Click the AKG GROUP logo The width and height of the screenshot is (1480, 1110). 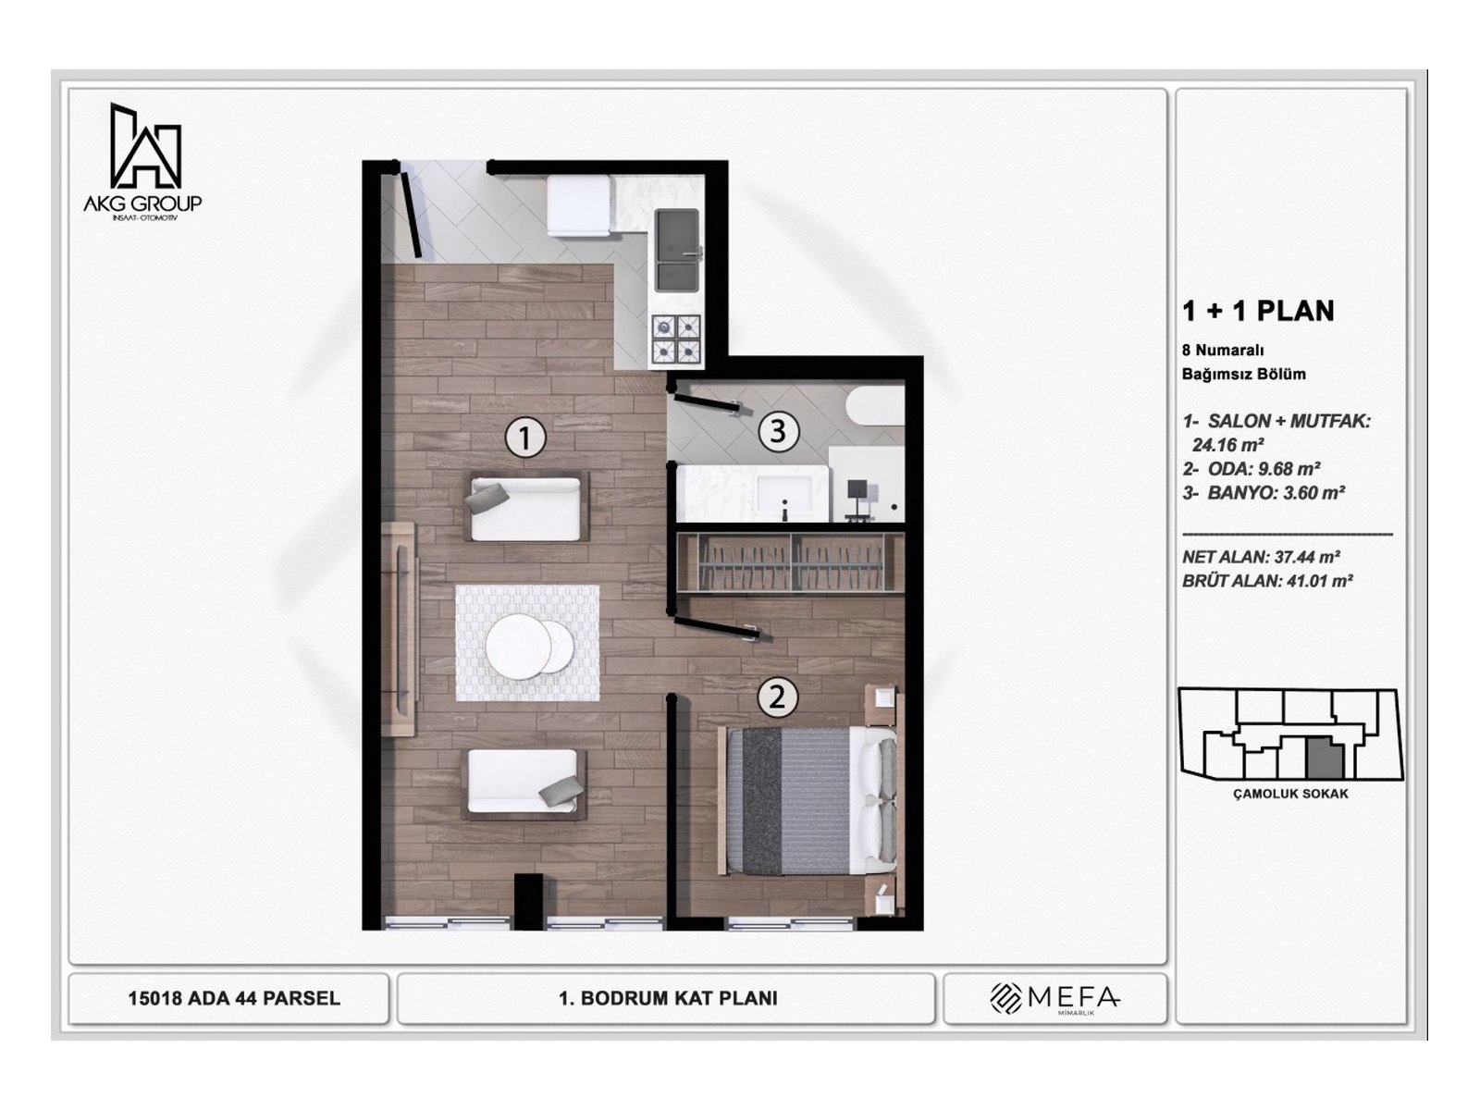tap(143, 160)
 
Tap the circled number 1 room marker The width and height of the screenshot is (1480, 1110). tap(524, 437)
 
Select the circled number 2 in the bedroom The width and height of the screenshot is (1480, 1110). tap(777, 696)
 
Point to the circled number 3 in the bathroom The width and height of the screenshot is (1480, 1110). tap(778, 430)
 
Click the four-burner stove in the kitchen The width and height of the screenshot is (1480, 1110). tap(677, 339)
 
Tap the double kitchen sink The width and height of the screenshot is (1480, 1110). tap(678, 249)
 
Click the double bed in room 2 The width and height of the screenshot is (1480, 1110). tap(810, 800)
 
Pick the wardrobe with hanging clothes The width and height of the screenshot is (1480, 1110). tap(789, 561)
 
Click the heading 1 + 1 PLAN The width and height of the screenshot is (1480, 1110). tap(1258, 311)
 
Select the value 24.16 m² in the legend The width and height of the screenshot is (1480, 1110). tap(1228, 445)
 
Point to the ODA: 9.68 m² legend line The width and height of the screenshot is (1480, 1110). tap(1252, 469)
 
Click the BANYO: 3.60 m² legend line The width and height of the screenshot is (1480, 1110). tap(1264, 493)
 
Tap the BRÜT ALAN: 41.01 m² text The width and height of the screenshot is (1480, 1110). tap(1267, 581)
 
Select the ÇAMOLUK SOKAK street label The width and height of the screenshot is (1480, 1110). tap(1290, 794)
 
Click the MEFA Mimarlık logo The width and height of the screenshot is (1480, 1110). tap(1054, 998)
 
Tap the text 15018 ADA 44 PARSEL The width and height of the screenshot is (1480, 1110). tap(234, 999)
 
